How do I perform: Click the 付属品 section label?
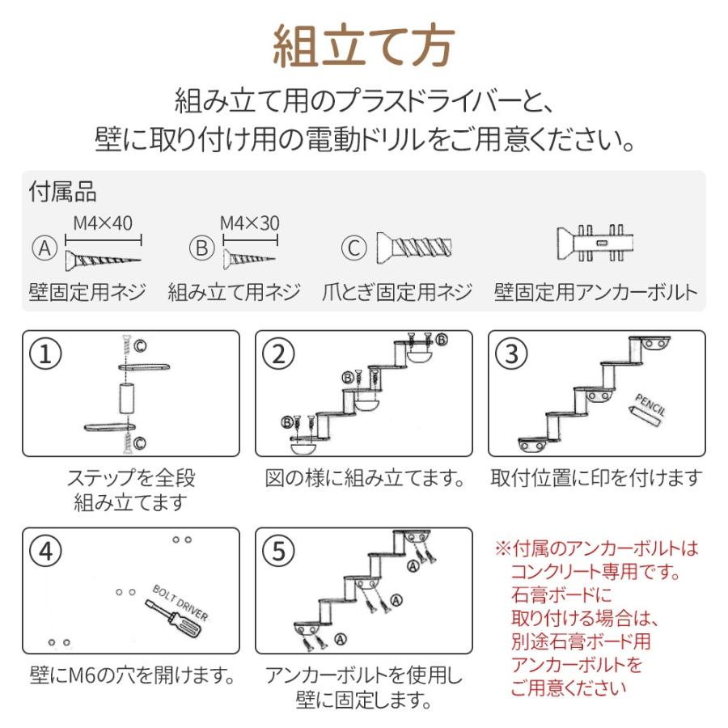62,192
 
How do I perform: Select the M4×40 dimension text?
103,222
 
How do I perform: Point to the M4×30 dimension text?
250,222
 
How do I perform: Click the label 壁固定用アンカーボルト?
595,293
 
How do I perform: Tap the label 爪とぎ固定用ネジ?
396,293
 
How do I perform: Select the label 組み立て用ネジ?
234,293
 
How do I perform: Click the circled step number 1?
47,354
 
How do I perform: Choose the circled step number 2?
280,354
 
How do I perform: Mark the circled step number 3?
513,354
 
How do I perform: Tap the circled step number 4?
47,552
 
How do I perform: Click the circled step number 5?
280,552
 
